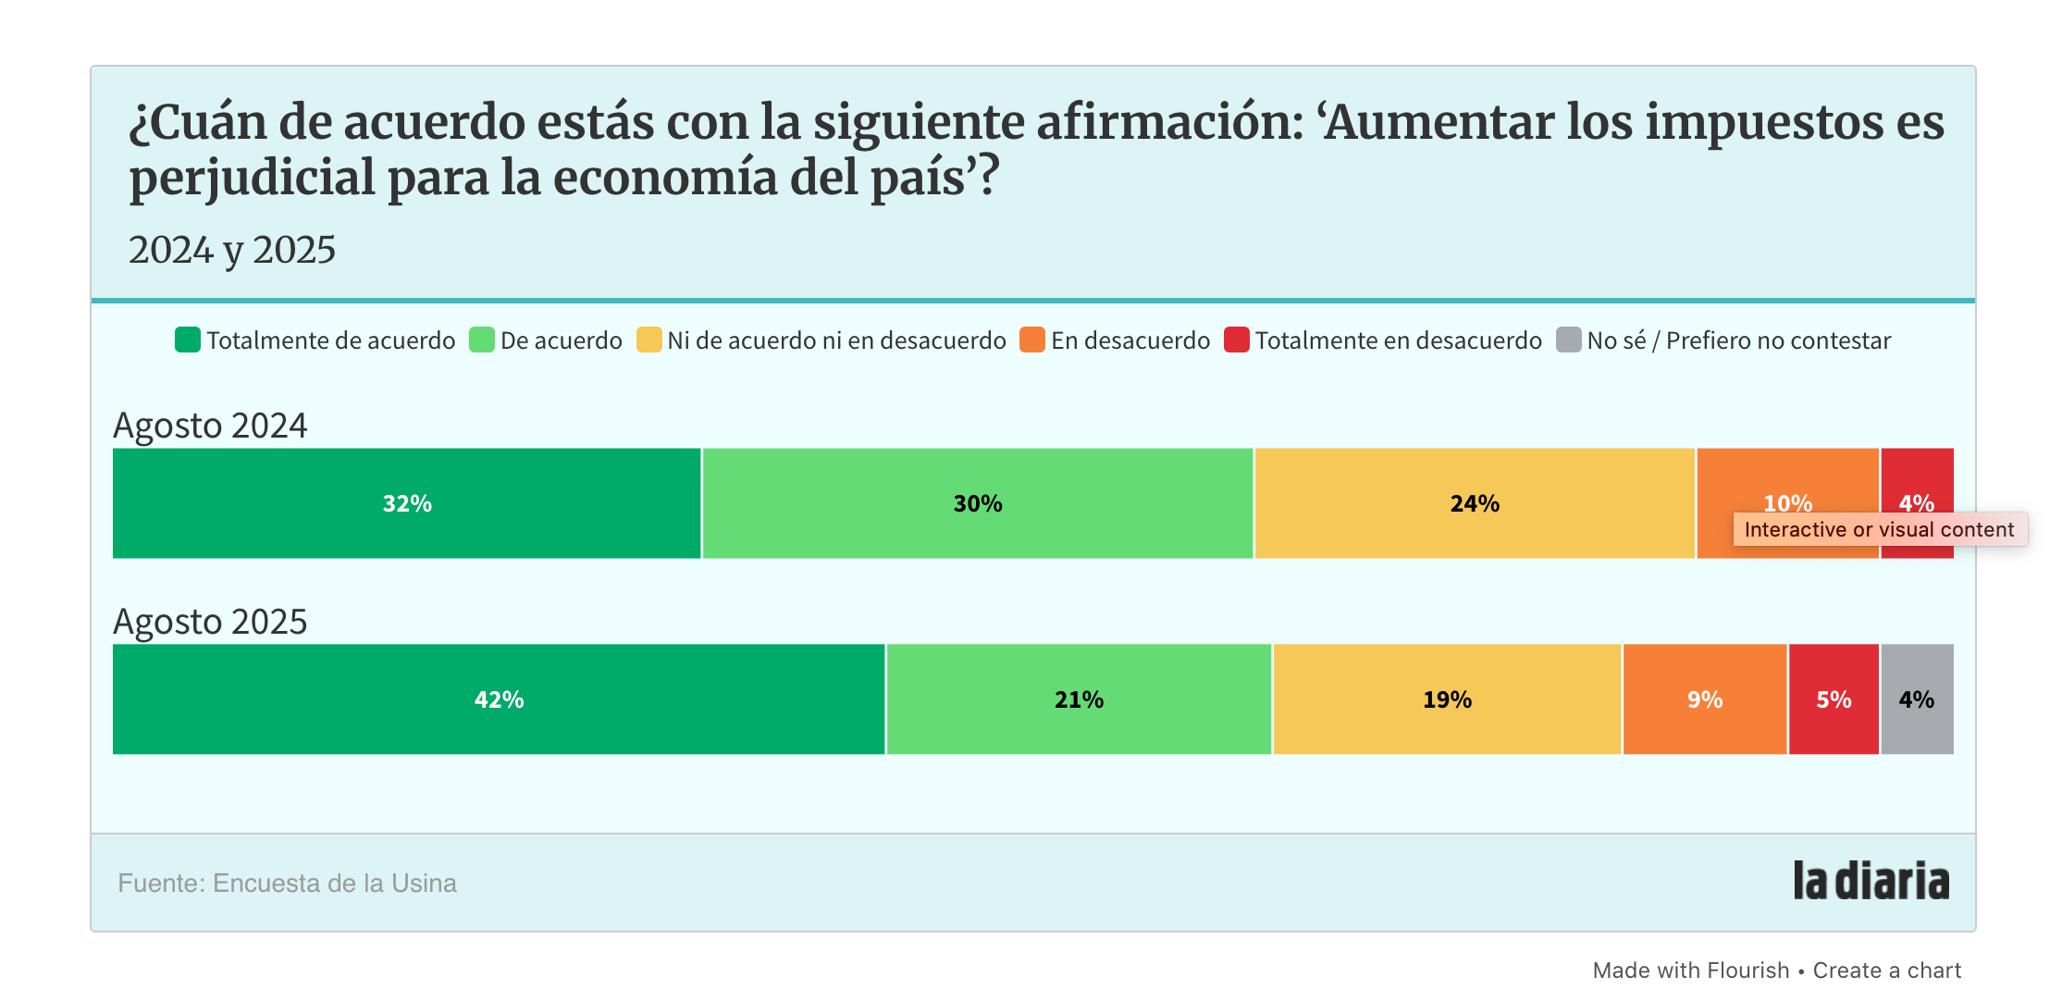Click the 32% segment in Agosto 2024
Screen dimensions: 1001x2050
coord(407,503)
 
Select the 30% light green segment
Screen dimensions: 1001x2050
coord(977,503)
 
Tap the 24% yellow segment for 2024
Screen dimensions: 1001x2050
coord(1475,503)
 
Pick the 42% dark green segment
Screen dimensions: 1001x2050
coord(499,699)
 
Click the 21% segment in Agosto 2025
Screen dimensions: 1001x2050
coord(1079,699)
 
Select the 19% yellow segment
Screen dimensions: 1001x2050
coord(1447,699)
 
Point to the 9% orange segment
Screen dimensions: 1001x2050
coord(1704,699)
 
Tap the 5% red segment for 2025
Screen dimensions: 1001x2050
coord(1834,699)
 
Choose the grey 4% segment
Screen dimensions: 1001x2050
coord(1917,699)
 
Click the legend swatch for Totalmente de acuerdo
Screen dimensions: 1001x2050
coord(188,340)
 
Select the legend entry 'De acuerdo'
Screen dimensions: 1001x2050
coord(561,340)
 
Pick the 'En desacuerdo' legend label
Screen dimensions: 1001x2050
coord(1130,340)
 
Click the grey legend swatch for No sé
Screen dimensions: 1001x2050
coord(1569,340)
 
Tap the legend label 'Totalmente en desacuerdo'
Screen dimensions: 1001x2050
coord(1398,340)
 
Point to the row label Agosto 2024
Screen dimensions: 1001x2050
coord(210,426)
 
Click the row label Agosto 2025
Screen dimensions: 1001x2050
coord(210,622)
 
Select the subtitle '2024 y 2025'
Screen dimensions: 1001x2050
coord(232,250)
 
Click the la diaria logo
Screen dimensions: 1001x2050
coord(1871,881)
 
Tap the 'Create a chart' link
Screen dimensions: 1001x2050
coord(1886,970)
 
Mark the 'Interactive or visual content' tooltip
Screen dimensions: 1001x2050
coord(1879,529)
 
